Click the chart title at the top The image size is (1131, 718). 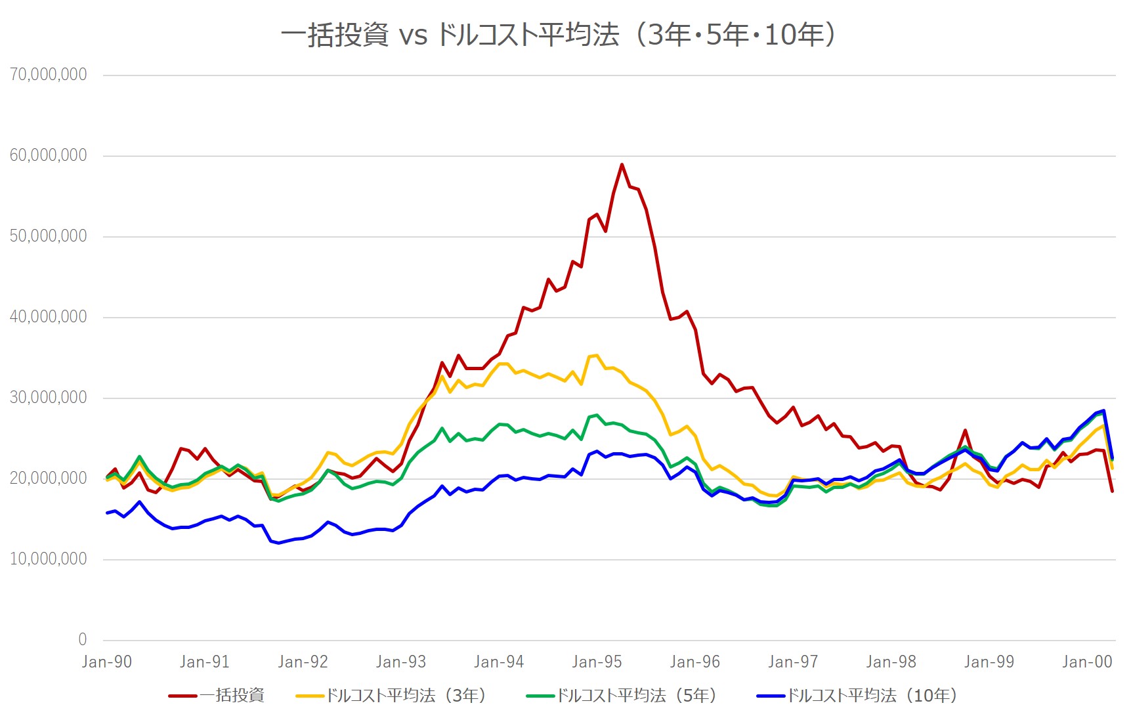(x=558, y=34)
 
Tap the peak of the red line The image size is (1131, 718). (x=622, y=165)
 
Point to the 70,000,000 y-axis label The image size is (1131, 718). (x=49, y=74)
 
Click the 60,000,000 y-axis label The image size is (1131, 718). (x=49, y=155)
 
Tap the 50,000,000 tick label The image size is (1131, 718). (x=49, y=236)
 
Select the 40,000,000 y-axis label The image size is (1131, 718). (x=49, y=316)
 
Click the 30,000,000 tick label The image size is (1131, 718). (x=49, y=397)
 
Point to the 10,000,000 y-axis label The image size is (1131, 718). (x=49, y=559)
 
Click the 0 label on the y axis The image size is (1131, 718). (x=82, y=639)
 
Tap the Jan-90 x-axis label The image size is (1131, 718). (x=107, y=662)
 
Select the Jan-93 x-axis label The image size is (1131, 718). (x=401, y=662)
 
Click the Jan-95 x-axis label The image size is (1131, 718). (x=597, y=662)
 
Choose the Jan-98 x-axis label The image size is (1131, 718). (x=891, y=662)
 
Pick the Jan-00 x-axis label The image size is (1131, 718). (x=1087, y=662)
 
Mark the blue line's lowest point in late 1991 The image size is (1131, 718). (x=278, y=543)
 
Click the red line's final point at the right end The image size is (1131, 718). (x=1112, y=491)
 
